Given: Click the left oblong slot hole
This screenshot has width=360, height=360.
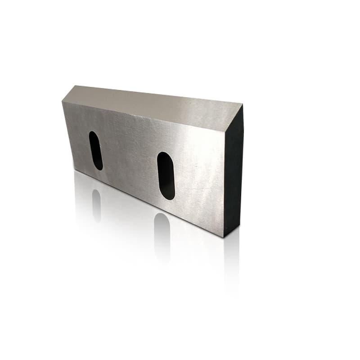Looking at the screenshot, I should tap(95, 150).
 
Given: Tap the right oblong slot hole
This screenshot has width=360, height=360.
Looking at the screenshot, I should tap(166, 175).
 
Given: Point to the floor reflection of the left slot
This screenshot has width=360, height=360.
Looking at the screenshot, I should tap(96, 205).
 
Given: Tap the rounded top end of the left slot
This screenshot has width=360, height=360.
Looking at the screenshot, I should tap(93, 134).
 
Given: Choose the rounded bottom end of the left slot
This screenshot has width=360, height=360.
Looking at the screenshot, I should tap(98, 168).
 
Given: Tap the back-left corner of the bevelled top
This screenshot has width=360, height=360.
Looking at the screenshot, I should tap(76, 86).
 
